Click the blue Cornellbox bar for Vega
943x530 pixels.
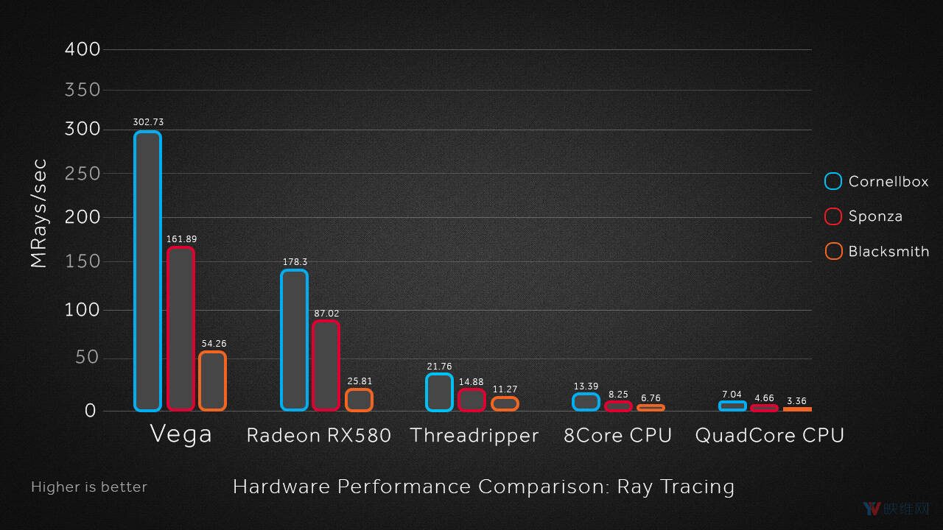[147, 271]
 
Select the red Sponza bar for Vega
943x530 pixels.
[180, 328]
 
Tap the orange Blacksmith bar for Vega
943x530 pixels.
[212, 381]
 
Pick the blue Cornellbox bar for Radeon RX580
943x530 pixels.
[294, 340]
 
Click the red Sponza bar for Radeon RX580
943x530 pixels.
[326, 365]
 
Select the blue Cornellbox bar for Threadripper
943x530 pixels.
[439, 392]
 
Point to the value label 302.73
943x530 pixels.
[148, 122]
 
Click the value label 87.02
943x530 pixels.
[326, 314]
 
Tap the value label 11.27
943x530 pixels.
[505, 389]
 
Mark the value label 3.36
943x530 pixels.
[796, 401]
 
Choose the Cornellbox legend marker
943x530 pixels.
[833, 181]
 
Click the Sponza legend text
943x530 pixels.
[875, 216]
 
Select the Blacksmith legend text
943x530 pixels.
[888, 252]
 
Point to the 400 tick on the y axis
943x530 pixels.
[82, 49]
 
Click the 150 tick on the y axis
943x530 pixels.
[82, 262]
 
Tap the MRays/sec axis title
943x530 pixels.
[38, 213]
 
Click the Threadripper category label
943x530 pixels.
[474, 435]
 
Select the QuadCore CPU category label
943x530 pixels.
[769, 435]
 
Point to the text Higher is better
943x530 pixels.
[89, 487]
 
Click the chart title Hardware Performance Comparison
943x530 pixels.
[483, 487]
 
